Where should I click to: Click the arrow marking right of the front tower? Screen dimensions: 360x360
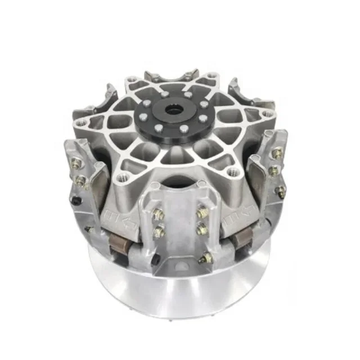pos(238,215)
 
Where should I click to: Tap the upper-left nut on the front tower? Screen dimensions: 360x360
pos(159,214)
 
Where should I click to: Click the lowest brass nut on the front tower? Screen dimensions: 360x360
pos(206,258)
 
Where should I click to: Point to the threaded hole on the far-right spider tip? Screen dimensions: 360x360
pos(268,114)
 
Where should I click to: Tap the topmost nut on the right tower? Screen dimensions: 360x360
pos(276,153)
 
